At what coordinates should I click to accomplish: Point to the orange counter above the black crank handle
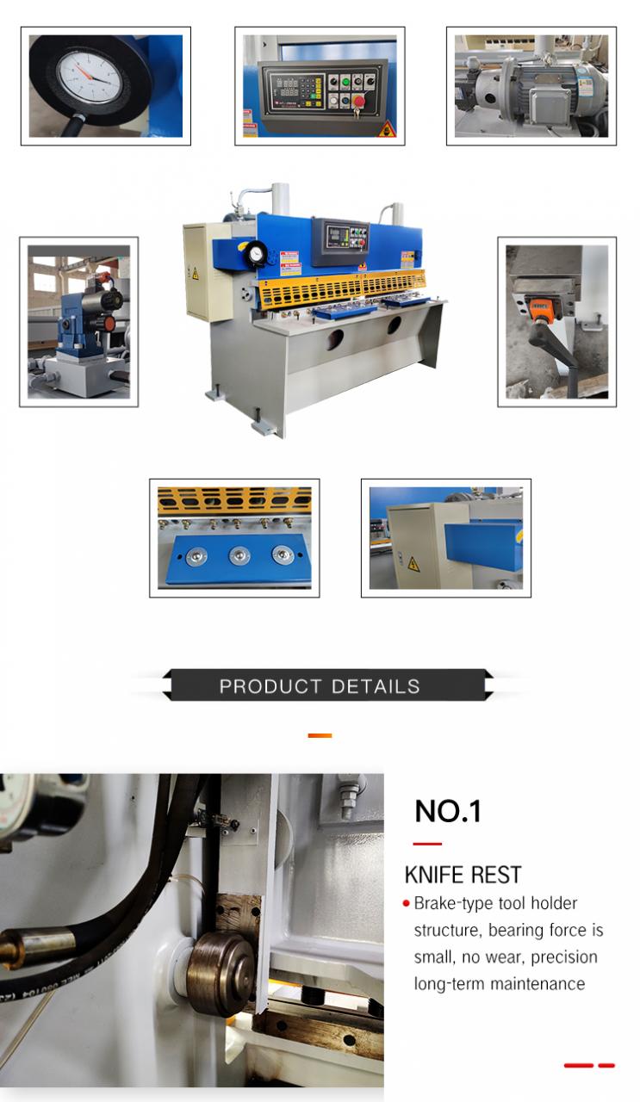(539, 304)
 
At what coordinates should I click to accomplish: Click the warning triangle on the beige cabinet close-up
(413, 564)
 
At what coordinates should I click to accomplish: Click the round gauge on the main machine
(255, 254)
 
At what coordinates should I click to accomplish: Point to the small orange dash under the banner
(320, 735)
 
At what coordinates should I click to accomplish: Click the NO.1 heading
(448, 811)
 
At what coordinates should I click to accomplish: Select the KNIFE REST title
(463, 875)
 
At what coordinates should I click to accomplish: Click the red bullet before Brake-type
(406, 903)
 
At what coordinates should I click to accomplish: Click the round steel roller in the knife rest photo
(220, 974)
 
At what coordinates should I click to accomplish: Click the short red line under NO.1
(427, 844)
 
